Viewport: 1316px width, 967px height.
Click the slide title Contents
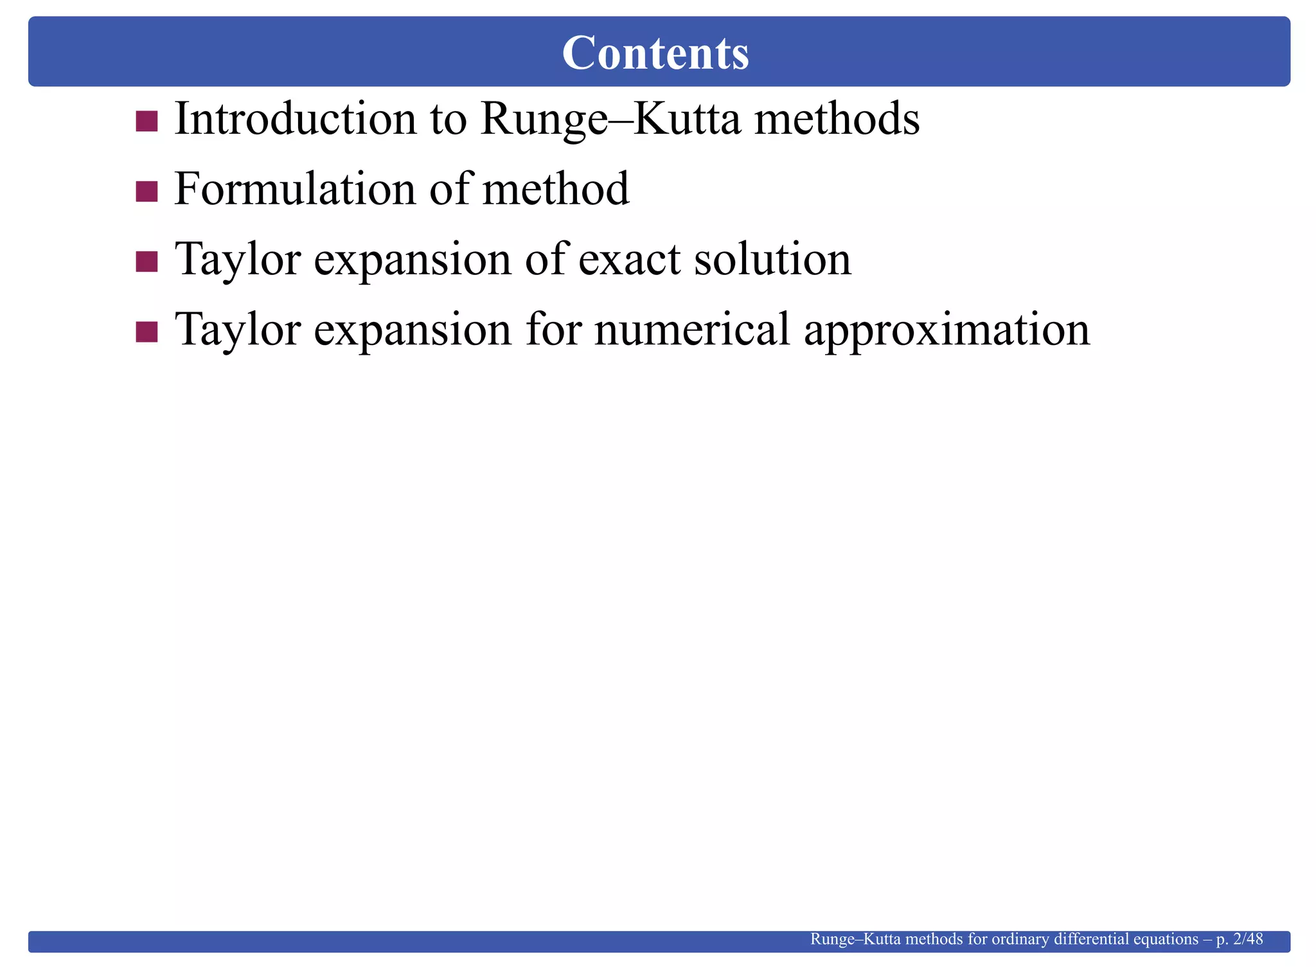pos(655,53)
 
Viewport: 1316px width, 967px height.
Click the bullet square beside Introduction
pos(147,121)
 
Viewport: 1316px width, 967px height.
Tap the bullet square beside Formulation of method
pos(147,191)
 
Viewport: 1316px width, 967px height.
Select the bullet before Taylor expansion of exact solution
pos(147,261)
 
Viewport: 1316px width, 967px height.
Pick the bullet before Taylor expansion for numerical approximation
pos(147,332)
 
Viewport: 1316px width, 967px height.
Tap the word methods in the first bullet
pos(837,119)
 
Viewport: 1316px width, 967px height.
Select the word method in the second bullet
pos(555,189)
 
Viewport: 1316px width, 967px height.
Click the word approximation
pos(947,330)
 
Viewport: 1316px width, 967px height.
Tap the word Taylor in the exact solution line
pos(238,260)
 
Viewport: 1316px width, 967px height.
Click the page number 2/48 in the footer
pos(1249,939)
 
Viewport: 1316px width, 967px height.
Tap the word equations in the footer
pos(1166,940)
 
